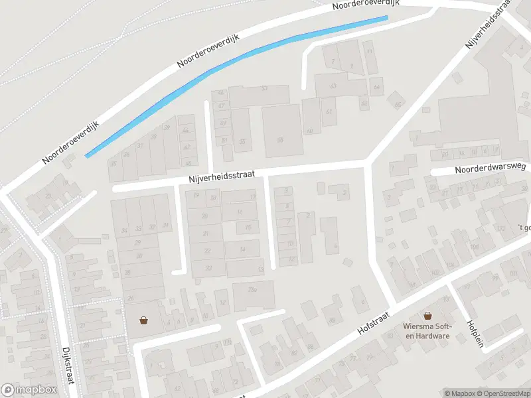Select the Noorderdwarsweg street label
(480, 170)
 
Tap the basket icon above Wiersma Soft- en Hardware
(427, 316)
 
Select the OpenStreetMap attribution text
(498, 393)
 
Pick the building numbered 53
(264, 88)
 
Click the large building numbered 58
(280, 140)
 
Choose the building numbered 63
(333, 86)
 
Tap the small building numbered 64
(377, 86)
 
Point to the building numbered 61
(329, 111)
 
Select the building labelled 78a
(252, 289)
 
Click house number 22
(208, 251)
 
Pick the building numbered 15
(248, 227)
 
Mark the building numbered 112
(501, 229)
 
